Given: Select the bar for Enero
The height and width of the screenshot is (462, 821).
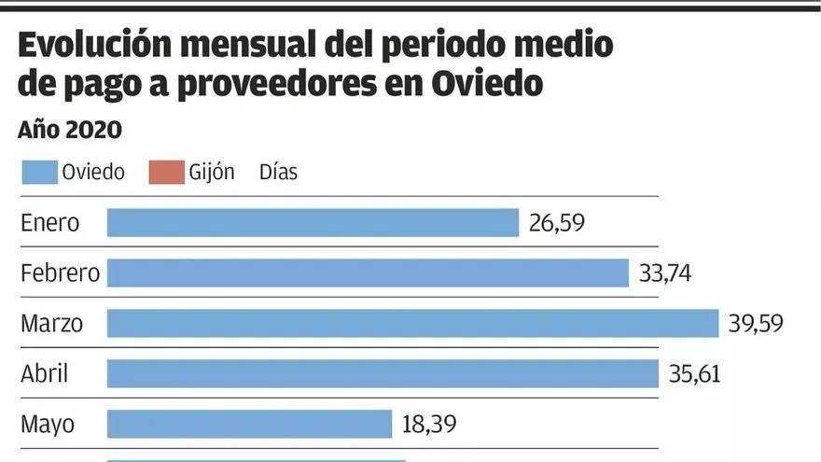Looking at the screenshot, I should click(313, 222).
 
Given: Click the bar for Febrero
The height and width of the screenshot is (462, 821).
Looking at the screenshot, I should click(368, 273).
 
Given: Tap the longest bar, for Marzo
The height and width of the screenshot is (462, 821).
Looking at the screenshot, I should click(412, 323).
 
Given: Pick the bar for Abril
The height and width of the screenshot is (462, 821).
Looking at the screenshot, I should click(383, 373).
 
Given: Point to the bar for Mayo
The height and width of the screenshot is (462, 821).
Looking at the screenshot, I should click(249, 424).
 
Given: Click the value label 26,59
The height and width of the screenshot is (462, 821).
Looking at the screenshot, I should click(558, 223).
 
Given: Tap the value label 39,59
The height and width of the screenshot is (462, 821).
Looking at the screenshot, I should click(755, 324).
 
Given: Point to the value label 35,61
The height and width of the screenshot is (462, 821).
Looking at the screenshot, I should click(695, 374).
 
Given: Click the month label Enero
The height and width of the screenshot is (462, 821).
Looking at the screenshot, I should click(50, 223).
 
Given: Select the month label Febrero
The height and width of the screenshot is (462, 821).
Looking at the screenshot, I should click(60, 273).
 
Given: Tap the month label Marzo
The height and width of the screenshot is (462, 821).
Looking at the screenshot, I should click(52, 324).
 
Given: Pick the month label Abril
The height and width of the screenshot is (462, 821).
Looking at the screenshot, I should click(45, 374).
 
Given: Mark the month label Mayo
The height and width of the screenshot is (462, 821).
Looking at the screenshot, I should click(48, 425).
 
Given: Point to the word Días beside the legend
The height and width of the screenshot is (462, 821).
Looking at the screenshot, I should click(278, 172).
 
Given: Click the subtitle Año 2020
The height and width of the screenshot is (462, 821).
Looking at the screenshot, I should click(70, 130).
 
